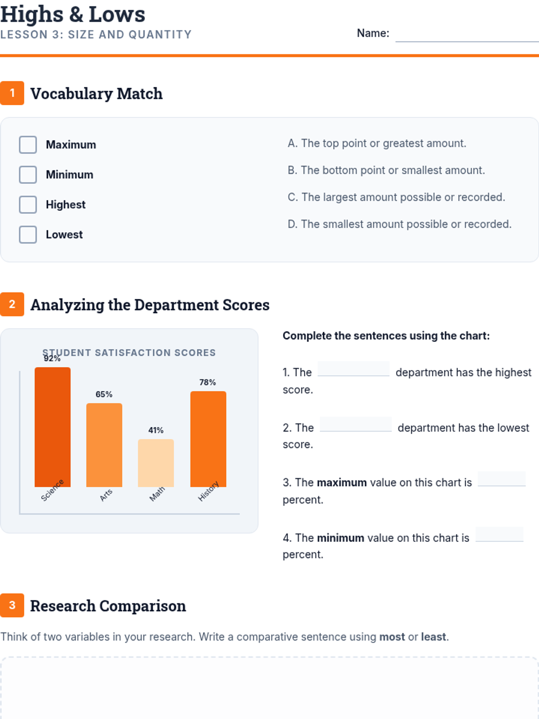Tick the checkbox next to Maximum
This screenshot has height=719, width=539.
28,145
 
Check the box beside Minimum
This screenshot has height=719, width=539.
28,175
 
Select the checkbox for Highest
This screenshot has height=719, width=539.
28,204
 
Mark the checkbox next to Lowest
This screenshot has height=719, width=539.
28,235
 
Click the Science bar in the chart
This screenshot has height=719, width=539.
53,427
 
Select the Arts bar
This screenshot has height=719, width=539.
104,445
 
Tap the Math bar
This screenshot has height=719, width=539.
156,463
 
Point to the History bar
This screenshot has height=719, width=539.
208,439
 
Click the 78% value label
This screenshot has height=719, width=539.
208,382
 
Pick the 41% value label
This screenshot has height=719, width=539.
156,431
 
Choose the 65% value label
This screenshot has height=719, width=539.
104,395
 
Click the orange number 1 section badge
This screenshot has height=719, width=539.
12,93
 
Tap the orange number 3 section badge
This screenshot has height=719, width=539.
12,605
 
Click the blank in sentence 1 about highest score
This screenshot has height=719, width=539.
353,369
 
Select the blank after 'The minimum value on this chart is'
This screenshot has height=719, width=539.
499,535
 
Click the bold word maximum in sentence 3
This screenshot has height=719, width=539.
342,483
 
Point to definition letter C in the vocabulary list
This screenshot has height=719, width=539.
292,197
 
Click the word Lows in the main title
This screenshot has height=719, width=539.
117,14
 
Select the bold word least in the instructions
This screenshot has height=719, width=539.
433,637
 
